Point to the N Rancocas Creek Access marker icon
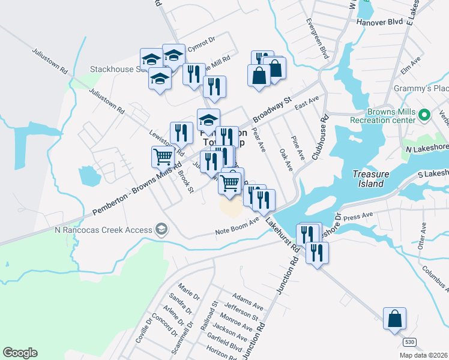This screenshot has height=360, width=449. [161, 229]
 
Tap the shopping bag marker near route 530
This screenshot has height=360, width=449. [394, 319]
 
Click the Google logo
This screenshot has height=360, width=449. [20, 353]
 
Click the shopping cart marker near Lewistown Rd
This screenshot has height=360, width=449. [163, 157]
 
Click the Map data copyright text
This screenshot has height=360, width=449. [424, 355]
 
